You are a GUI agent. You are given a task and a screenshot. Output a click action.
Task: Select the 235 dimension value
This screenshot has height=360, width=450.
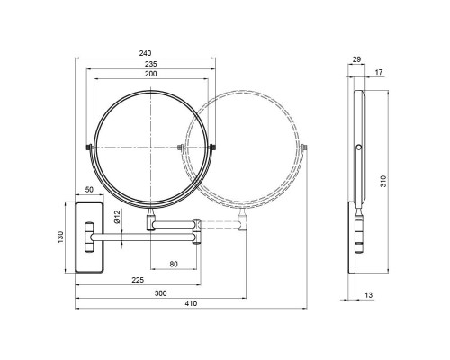pyautogui.click(x=150, y=64)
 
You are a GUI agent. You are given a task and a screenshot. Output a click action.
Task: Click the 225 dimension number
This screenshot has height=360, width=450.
pyautogui.click(x=138, y=279)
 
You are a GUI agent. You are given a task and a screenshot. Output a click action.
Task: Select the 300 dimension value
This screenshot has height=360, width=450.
pyautogui.click(x=160, y=293)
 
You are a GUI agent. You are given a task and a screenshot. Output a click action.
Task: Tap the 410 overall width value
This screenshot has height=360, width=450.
pyautogui.click(x=190, y=306)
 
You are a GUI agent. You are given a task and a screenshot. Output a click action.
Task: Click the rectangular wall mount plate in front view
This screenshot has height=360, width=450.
pyautogui.click(x=88, y=237)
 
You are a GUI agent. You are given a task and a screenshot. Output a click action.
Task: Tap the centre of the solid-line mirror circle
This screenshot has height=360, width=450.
pyautogui.click(x=150, y=145)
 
